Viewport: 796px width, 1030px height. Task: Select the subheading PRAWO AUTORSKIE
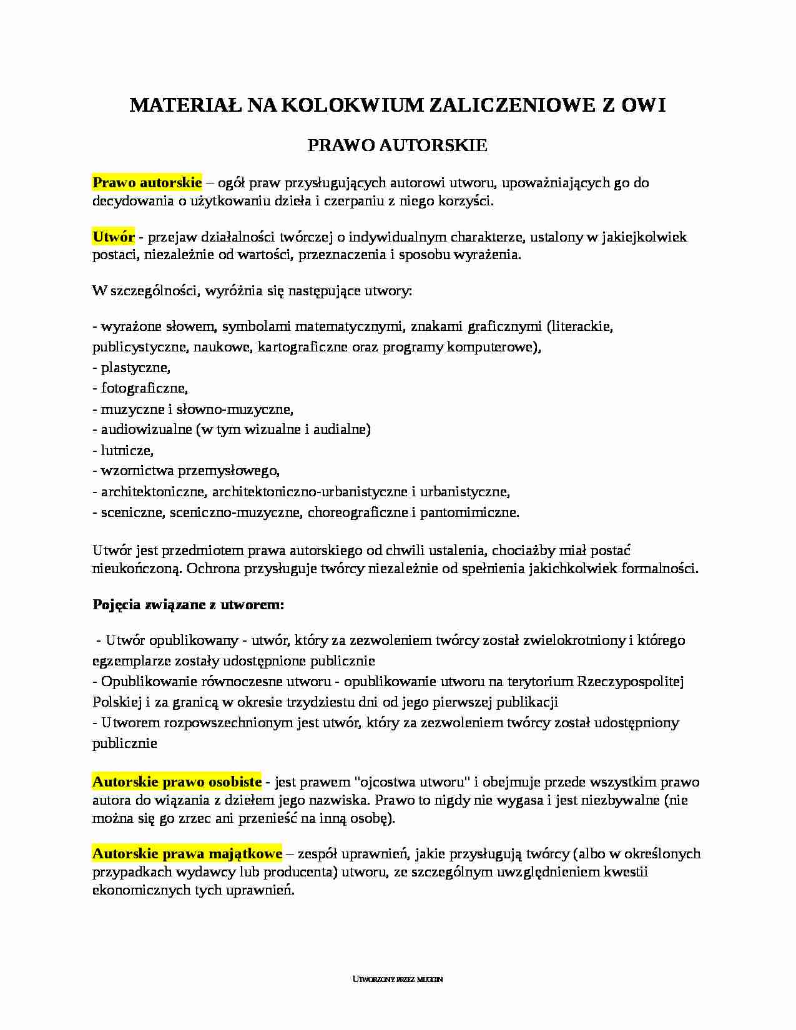[x=398, y=145]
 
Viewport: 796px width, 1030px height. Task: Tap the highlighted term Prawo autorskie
[x=147, y=183]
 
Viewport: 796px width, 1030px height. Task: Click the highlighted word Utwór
[x=114, y=237]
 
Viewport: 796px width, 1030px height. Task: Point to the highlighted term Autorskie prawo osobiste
[x=177, y=782]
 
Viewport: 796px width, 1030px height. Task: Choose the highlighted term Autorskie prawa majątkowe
[x=187, y=853]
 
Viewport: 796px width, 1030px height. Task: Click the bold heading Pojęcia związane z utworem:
[x=189, y=604]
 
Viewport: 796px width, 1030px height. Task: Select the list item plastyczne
[x=135, y=368]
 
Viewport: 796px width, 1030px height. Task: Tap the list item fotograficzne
[x=144, y=388]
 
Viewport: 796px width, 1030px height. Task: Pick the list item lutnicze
[x=127, y=450]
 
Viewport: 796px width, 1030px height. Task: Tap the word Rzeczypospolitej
[x=631, y=681]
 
